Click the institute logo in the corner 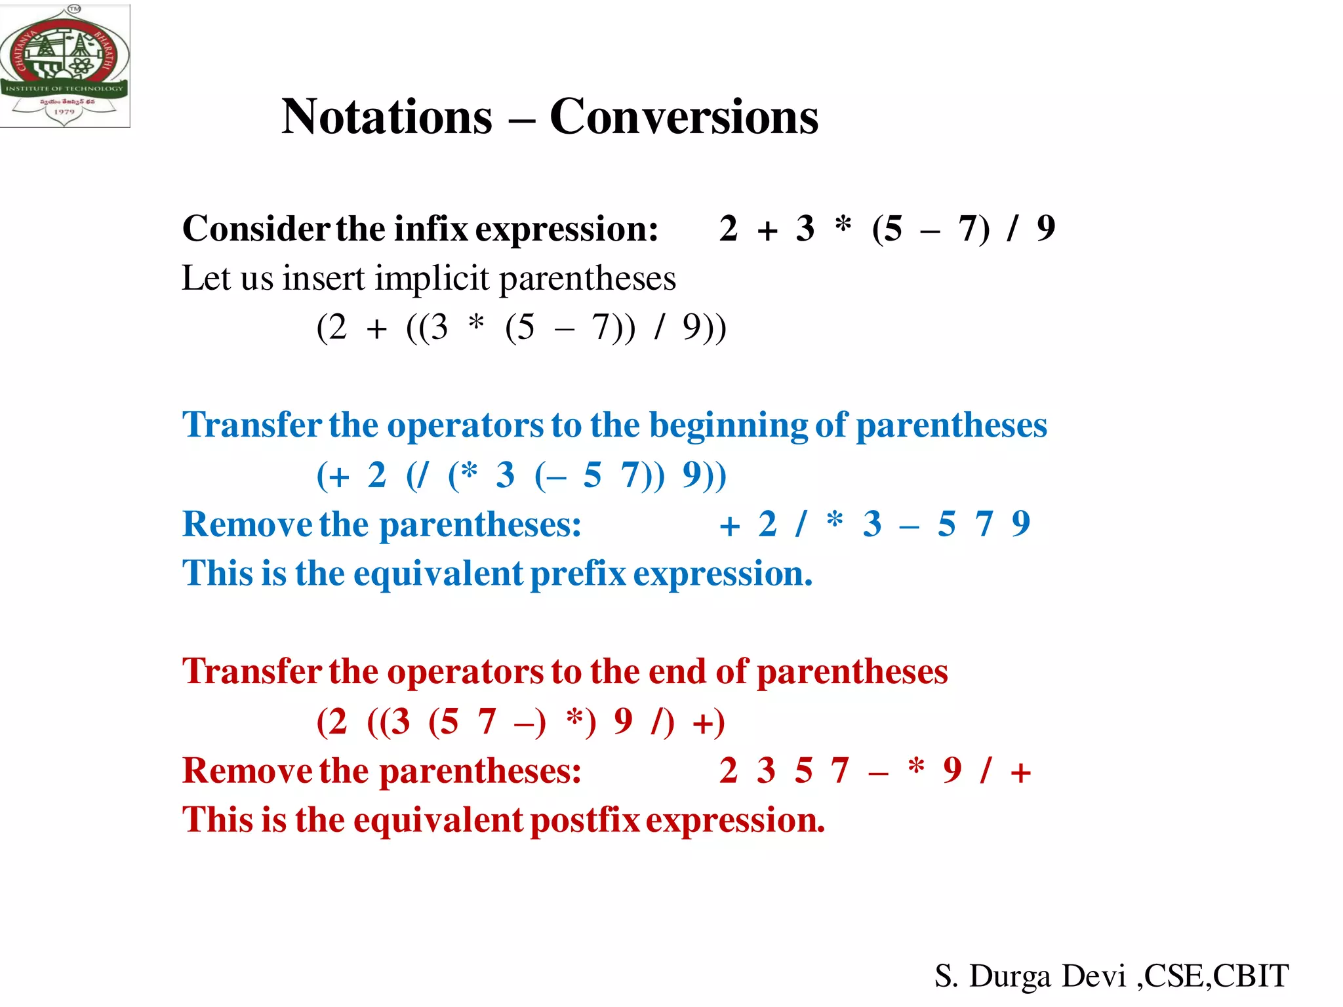tap(64, 66)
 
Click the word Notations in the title tap(387, 117)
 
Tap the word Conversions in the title tap(684, 117)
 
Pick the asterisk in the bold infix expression tap(843, 225)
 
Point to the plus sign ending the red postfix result tap(1020, 773)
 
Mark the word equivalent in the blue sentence tap(438, 574)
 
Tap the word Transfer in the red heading tap(252, 672)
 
